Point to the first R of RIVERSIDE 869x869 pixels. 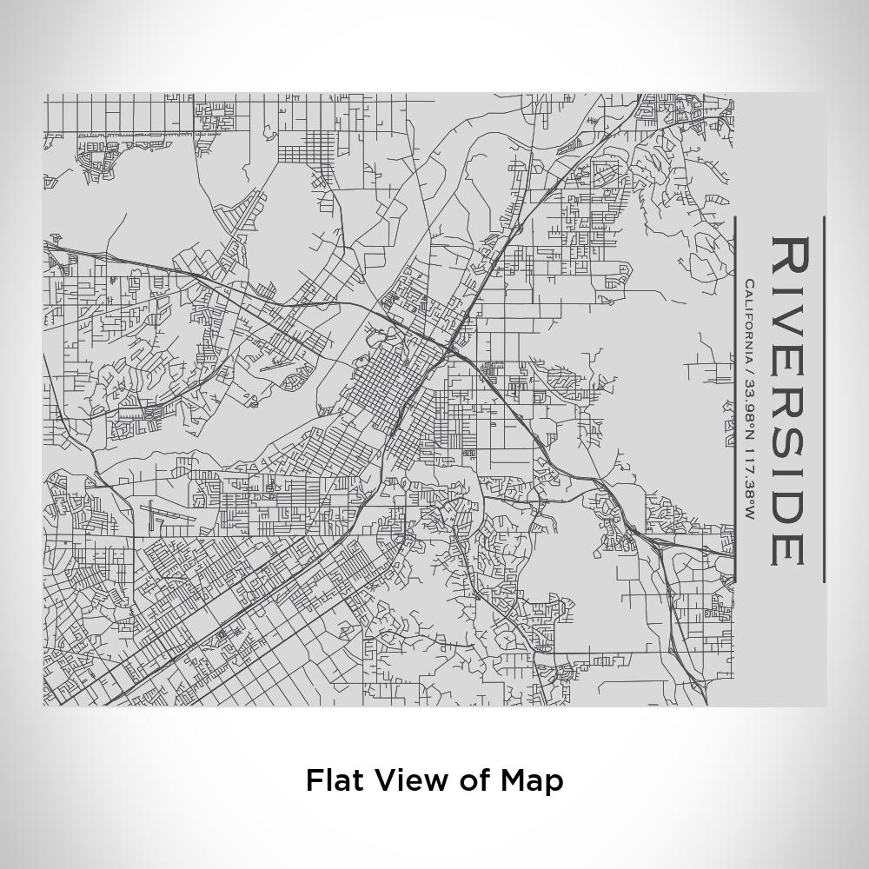point(789,255)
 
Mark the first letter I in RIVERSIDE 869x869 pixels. point(789,291)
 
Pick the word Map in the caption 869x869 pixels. point(532,779)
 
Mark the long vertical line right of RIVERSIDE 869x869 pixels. point(823,400)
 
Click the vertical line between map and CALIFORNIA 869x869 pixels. point(735,400)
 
